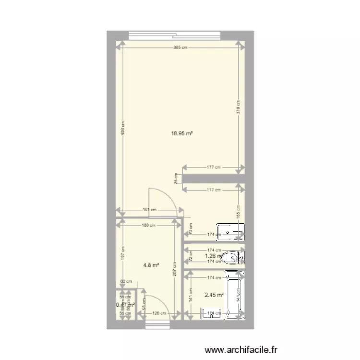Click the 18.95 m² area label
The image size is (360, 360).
coord(182,135)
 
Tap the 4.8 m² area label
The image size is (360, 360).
coord(152,264)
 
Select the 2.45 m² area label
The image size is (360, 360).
coord(215,295)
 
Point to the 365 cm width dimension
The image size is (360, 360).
coord(180,47)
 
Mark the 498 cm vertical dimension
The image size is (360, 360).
coord(123,129)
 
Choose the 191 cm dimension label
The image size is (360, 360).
coord(151,210)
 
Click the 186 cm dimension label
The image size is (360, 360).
coord(149,225)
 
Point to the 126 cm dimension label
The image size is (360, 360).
coord(159,314)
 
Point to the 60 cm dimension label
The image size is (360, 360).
coord(122,282)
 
